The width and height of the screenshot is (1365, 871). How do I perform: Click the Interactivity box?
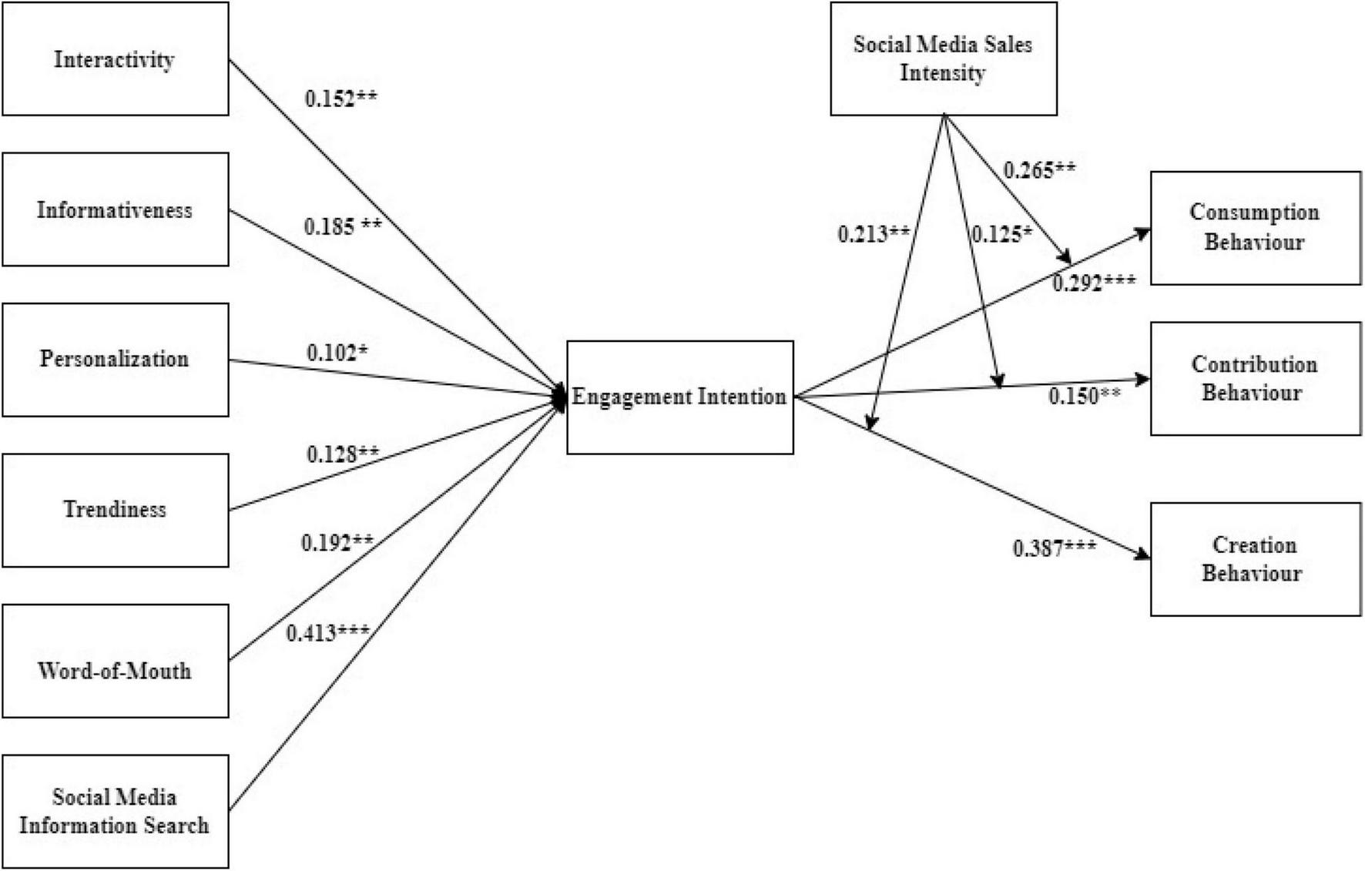(x=116, y=59)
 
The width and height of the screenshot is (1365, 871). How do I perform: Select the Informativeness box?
(x=116, y=209)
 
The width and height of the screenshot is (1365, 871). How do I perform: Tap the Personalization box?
(x=116, y=360)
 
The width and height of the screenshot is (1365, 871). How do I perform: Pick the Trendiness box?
(x=116, y=510)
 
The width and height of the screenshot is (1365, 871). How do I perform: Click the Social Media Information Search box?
(x=116, y=811)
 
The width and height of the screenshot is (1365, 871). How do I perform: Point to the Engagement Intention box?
(x=679, y=397)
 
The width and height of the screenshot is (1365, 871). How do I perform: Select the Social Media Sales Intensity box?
(x=943, y=59)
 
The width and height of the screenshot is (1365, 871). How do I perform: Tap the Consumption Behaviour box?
(x=1256, y=228)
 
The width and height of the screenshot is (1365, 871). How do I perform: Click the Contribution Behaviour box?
(x=1256, y=378)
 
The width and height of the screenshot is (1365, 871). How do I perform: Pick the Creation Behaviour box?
(x=1256, y=559)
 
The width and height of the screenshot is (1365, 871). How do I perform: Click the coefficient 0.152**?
(x=341, y=99)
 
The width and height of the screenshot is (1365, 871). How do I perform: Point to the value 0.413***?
(x=327, y=633)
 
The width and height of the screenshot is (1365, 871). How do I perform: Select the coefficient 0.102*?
(x=337, y=353)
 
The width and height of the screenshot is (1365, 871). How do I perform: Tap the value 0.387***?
(x=1054, y=548)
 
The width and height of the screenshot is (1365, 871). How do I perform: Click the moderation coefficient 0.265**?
(x=1039, y=170)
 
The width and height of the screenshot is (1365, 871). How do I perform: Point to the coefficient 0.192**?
(x=337, y=543)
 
